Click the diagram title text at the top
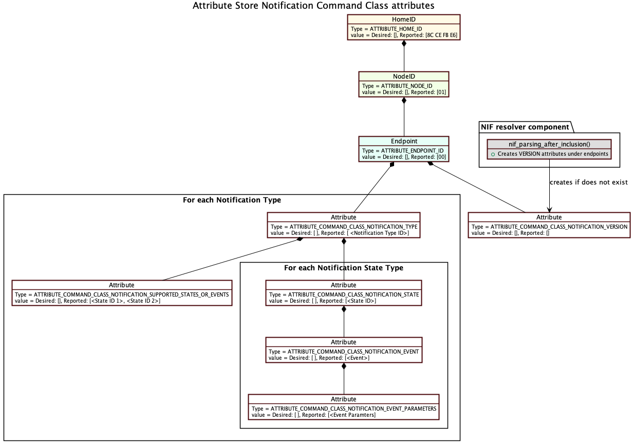(313, 6)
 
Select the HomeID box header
(403, 19)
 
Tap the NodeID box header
(403, 76)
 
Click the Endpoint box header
(404, 141)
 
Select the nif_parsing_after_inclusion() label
(549, 144)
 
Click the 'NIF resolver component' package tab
(525, 127)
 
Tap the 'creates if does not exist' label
(588, 182)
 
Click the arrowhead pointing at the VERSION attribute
(549, 210)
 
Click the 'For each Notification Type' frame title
(232, 200)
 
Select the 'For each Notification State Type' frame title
(344, 268)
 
